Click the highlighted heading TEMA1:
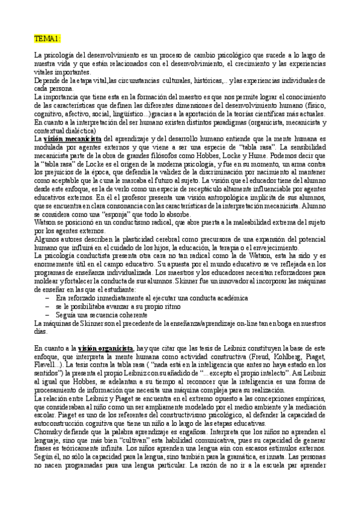(47, 39)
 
